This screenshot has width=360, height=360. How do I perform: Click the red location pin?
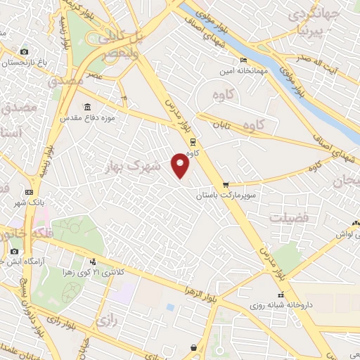click(181, 165)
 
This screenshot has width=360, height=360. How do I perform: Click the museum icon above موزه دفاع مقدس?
click(87, 107)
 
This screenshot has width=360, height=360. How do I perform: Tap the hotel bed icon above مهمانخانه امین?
click(243, 60)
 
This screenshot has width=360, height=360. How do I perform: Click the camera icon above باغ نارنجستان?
click(25, 51)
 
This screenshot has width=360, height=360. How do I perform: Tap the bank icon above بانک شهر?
click(29, 192)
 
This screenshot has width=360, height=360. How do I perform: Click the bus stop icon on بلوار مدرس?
click(192, 140)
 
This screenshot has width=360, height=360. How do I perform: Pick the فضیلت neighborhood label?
click(288, 218)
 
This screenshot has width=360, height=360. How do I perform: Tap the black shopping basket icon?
click(193, 347)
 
